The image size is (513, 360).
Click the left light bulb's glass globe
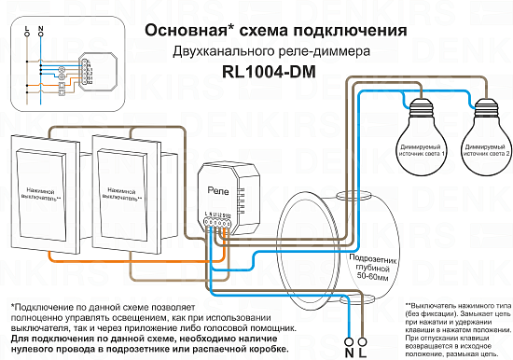(423, 126)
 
